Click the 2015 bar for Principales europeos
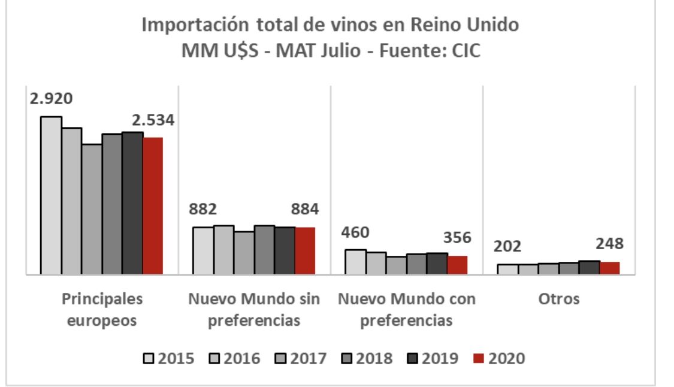pyautogui.click(x=51, y=195)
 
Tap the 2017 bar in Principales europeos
pyautogui.click(x=92, y=209)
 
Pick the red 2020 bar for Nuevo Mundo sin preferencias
pyautogui.click(x=305, y=251)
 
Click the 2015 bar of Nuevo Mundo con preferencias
pyautogui.click(x=356, y=262)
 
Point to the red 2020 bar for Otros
pyautogui.click(x=609, y=268)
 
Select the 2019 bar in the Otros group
pyautogui.click(x=589, y=268)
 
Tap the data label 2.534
pyautogui.click(x=148, y=120)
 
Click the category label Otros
pyautogui.click(x=558, y=299)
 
